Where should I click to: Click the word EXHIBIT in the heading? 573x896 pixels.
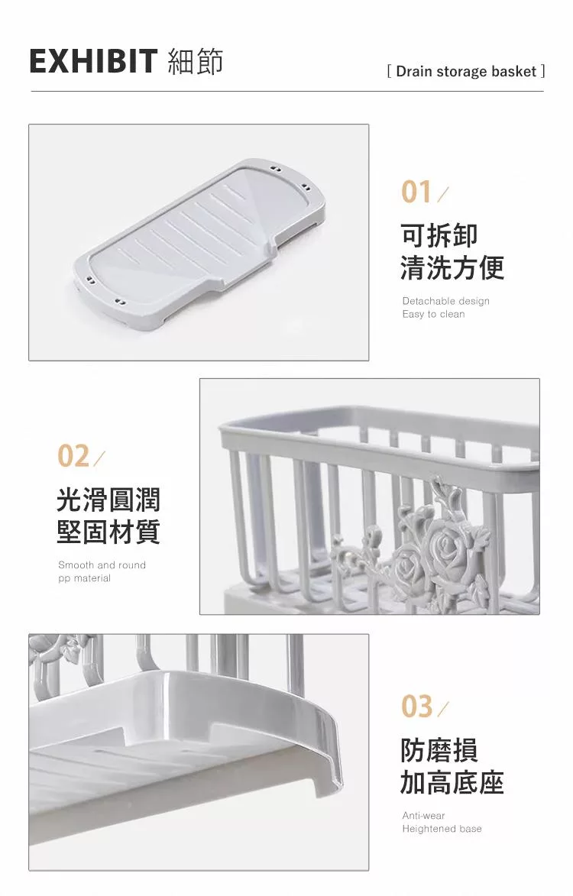93,61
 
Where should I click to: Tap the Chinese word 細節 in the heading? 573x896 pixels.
196,61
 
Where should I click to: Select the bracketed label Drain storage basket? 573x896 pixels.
465,72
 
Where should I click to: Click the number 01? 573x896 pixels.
416,192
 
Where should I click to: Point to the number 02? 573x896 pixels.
73,456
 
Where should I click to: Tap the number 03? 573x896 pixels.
416,707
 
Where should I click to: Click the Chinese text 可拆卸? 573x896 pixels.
439,235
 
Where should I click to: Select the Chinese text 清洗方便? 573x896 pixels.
452,267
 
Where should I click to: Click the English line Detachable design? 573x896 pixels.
445,301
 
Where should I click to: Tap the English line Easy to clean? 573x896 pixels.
434,314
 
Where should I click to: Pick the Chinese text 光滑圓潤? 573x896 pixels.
108,500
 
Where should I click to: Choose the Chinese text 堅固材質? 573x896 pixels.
108,532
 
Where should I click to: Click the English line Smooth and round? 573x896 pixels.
102,565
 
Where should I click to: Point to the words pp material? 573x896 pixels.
85,578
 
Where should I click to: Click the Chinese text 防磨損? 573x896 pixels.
439,750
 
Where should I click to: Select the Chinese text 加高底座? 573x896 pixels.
452,782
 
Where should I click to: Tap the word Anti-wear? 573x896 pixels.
423,816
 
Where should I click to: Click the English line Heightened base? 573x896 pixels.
442,829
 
